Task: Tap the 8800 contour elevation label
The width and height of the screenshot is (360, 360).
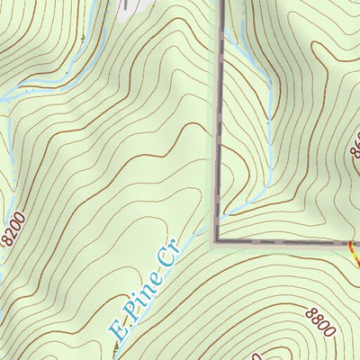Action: (x=319, y=321)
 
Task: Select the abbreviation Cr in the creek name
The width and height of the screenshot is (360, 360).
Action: (x=168, y=254)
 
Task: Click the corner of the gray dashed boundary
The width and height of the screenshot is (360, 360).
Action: (x=217, y=241)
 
